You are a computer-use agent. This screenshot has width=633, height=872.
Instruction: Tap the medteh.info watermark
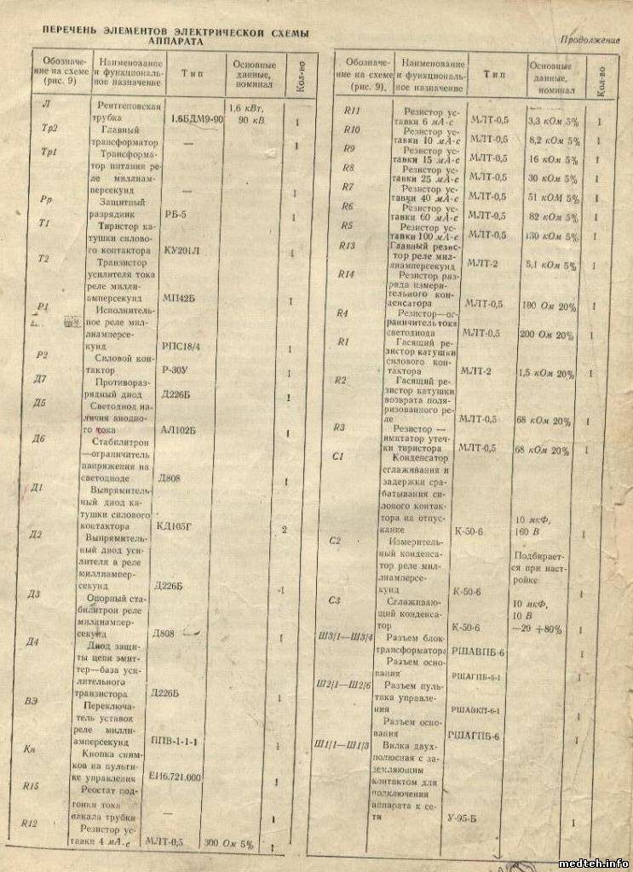594,861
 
